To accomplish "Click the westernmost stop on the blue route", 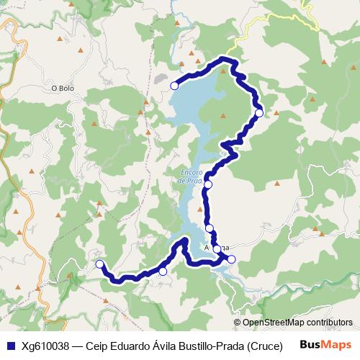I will tap(99, 264).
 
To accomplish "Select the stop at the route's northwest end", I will tap(174, 86).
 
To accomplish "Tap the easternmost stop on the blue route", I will tap(259, 112).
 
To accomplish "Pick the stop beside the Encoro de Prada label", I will tap(208, 185).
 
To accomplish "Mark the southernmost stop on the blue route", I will tap(163, 271).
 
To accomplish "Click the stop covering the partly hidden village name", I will tap(217, 249).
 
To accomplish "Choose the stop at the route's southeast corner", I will tap(231, 258).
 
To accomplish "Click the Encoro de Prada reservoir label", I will tap(191, 177).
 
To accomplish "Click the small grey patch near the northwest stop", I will tap(161, 77).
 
